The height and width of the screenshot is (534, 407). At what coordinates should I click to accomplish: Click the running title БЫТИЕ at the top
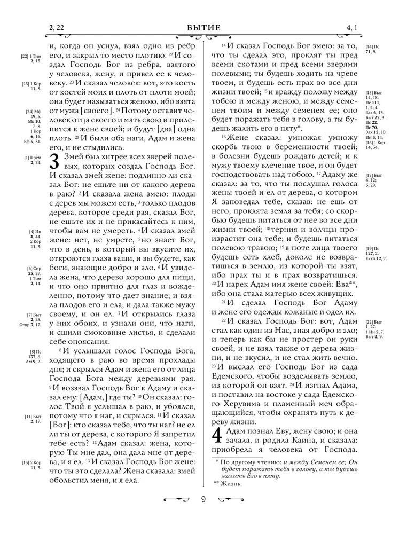click(203, 28)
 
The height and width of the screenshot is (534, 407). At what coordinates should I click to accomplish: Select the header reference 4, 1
click(352, 28)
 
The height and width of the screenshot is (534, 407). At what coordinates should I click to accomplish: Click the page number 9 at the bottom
click(203, 499)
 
